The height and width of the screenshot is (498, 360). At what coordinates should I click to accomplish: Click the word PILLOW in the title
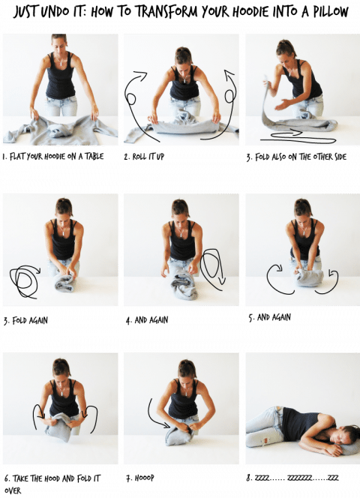(331, 11)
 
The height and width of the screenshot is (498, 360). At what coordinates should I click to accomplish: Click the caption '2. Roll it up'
(144, 157)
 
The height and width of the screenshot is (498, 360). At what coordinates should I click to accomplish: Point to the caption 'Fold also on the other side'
(296, 157)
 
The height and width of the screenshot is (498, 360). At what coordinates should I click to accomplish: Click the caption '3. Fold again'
(25, 320)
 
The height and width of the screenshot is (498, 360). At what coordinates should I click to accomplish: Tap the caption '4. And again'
(147, 320)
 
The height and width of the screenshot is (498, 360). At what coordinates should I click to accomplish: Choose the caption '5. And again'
(269, 317)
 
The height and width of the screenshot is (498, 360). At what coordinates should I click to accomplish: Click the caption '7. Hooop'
(140, 478)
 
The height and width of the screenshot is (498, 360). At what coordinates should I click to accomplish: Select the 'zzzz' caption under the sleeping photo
(292, 478)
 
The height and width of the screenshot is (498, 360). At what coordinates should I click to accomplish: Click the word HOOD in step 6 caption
(50, 478)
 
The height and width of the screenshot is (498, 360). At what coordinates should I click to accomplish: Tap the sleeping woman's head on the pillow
(349, 435)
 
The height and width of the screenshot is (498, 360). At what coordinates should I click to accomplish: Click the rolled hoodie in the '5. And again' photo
(310, 277)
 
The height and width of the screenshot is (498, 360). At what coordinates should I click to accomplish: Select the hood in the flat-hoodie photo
(58, 131)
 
